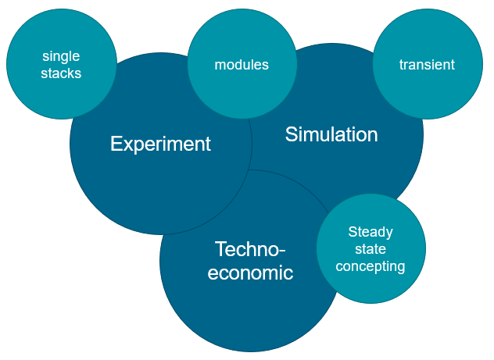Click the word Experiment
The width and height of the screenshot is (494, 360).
[160, 144]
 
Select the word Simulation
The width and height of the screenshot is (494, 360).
[331, 134]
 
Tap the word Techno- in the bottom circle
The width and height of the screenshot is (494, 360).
[250, 249]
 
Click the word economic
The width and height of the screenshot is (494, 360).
[250, 273]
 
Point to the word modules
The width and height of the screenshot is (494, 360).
[242, 65]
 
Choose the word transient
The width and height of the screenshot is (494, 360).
[427, 65]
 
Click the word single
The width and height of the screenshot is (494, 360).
[61, 56]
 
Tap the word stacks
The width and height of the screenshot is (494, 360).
[61, 73]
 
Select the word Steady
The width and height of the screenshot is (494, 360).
[370, 232]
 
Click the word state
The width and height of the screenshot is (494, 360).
[370, 249]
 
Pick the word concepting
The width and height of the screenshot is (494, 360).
[370, 266]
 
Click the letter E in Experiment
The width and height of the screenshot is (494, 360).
[116, 144]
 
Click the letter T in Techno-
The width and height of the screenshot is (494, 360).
[220, 249]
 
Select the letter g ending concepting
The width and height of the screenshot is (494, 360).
[401, 268]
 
